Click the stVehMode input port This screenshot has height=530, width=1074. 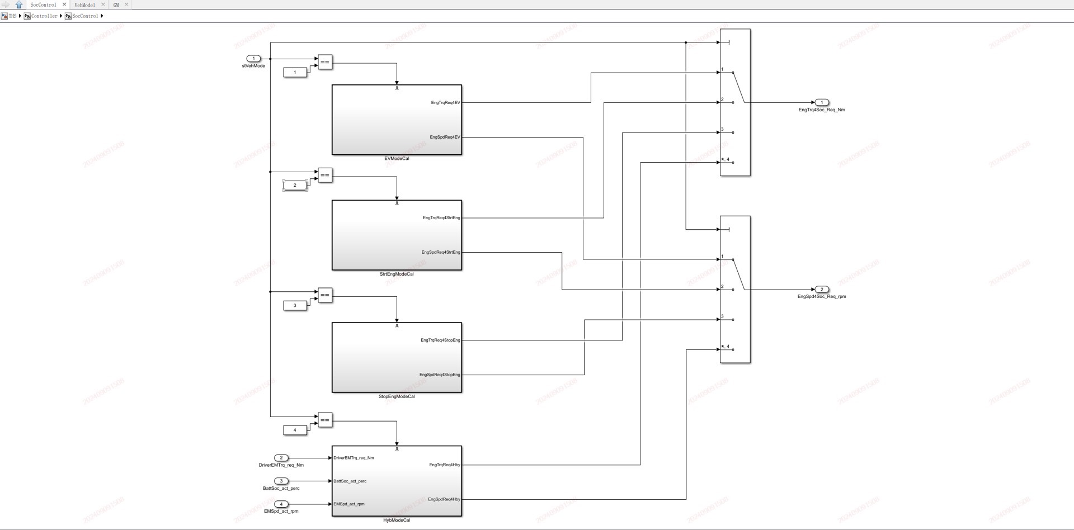tap(253, 59)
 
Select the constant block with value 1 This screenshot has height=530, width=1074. tap(295, 72)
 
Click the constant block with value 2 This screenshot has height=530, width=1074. tap(295, 185)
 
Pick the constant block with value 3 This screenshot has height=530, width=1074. tap(295, 305)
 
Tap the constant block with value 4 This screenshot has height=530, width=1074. tap(295, 430)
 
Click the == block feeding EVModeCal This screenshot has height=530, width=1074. tap(325, 62)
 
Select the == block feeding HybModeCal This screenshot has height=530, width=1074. tap(325, 420)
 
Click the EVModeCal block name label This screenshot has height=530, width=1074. tap(397, 159)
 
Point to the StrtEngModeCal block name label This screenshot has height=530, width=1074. tap(397, 275)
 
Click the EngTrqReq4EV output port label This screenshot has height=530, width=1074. tap(445, 103)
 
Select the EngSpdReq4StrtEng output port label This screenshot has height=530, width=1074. tap(441, 253)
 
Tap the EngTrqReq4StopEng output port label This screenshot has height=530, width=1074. tap(440, 340)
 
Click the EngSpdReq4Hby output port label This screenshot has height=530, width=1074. tap(444, 499)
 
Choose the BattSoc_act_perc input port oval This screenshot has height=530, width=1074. tap(281, 481)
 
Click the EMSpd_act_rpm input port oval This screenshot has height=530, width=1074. tap(281, 504)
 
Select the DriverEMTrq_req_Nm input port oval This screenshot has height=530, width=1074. tap(281, 458)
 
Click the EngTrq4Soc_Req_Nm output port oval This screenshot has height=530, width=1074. tap(822, 102)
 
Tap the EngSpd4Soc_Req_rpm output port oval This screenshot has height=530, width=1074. tap(822, 290)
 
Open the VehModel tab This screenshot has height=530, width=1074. tap(85, 5)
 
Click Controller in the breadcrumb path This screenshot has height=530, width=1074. tap(44, 16)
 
